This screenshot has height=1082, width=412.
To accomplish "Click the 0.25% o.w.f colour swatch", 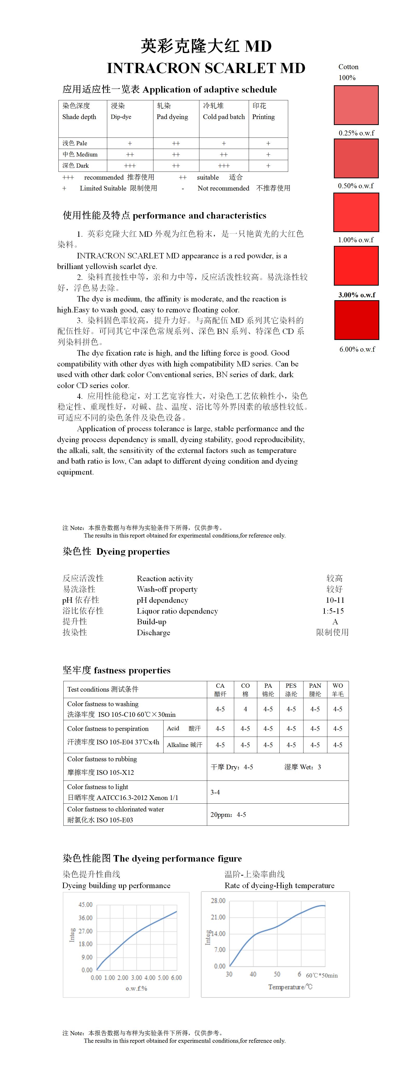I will click(356, 105).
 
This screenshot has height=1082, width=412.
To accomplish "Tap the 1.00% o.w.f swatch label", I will click(356, 240).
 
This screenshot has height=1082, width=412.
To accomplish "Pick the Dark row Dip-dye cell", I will click(130, 166).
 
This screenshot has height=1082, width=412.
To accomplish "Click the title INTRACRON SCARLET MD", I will click(206, 68).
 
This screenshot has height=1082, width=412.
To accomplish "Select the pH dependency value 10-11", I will click(335, 600).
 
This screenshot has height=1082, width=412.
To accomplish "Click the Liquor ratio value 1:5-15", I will click(334, 611).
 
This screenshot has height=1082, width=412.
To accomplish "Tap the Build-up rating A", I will click(335, 622).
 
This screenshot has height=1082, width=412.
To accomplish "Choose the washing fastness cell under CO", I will click(245, 709).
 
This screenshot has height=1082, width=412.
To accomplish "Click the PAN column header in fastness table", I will click(315, 690).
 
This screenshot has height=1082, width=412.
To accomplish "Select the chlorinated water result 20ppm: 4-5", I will click(228, 815).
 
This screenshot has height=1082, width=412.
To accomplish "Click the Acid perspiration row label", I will click(184, 728).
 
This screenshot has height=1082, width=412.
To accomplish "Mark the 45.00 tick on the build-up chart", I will click(85, 905).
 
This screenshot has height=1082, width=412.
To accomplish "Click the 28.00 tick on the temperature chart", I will click(218, 901).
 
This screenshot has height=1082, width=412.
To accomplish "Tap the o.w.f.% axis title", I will click(136, 989).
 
